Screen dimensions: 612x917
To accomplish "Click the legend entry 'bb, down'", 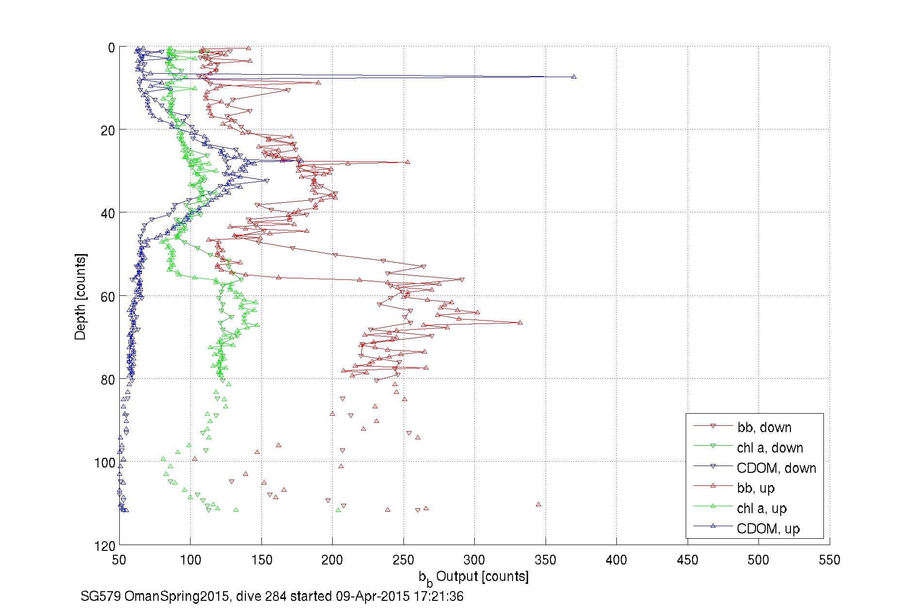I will [x=764, y=427].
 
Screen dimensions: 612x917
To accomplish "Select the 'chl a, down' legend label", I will [x=770, y=448].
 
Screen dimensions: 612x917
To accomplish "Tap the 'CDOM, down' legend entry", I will [x=776, y=468].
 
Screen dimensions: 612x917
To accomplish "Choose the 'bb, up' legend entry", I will [x=756, y=488].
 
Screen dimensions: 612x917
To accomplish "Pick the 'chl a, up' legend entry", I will [x=761, y=508].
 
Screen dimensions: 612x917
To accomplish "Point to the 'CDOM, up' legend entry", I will [x=768, y=529].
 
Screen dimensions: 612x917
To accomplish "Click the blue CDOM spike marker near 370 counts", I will [x=574, y=77].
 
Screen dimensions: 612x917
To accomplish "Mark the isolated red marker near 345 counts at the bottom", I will [x=538, y=504].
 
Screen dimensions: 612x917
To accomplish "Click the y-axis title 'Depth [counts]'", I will [x=80, y=296].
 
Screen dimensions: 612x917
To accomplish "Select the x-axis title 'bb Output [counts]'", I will [x=474, y=577].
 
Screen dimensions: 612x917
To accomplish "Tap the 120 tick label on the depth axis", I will [x=105, y=546].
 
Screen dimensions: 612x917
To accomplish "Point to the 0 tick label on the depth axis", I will [x=111, y=48].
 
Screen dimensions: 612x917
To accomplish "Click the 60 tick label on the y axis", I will [x=108, y=297].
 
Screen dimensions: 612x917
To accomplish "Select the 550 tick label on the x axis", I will [x=829, y=560].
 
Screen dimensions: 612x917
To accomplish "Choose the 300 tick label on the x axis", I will [x=474, y=560].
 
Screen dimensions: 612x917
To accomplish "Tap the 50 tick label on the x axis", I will [x=119, y=560].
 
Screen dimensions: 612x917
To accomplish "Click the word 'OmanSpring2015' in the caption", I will [x=177, y=596].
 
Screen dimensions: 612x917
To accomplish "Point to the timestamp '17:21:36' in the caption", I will [x=438, y=596].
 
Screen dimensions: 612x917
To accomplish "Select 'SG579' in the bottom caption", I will [x=100, y=596].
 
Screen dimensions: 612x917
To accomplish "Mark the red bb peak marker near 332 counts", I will [x=520, y=322].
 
